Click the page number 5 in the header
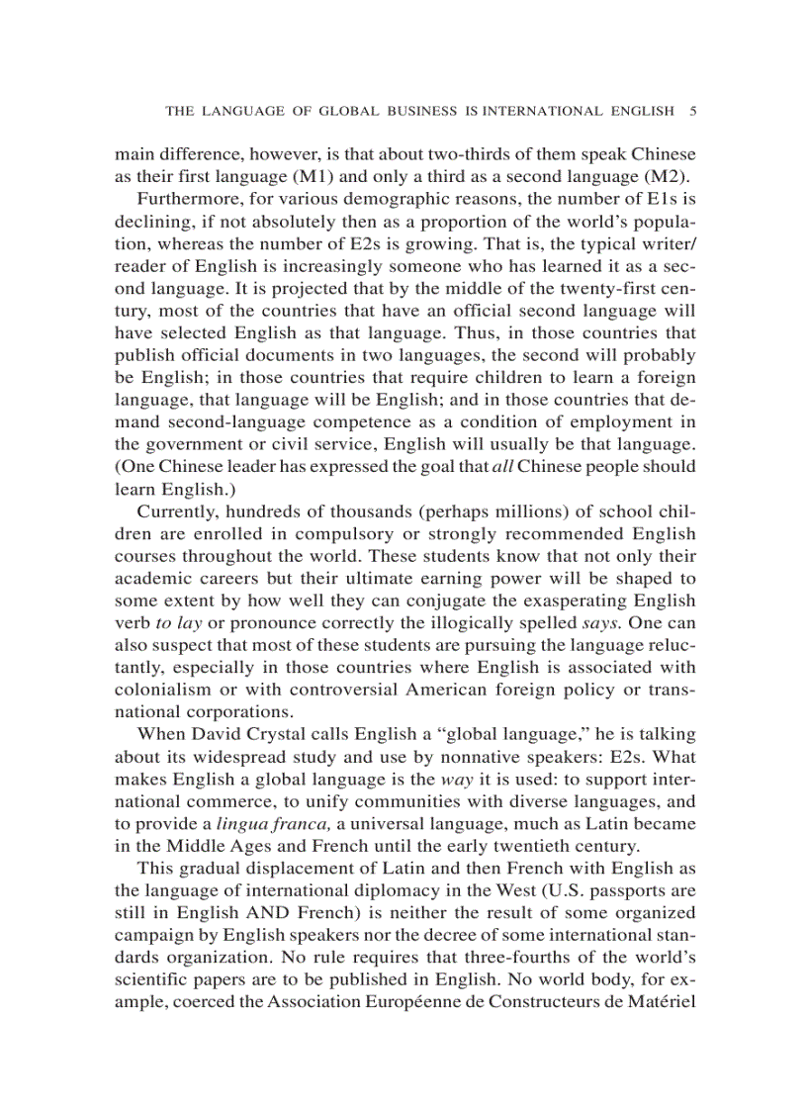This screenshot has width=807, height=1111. click(x=692, y=111)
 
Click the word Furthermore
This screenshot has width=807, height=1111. click(x=189, y=202)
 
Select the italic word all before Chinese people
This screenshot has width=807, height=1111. click(x=503, y=466)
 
